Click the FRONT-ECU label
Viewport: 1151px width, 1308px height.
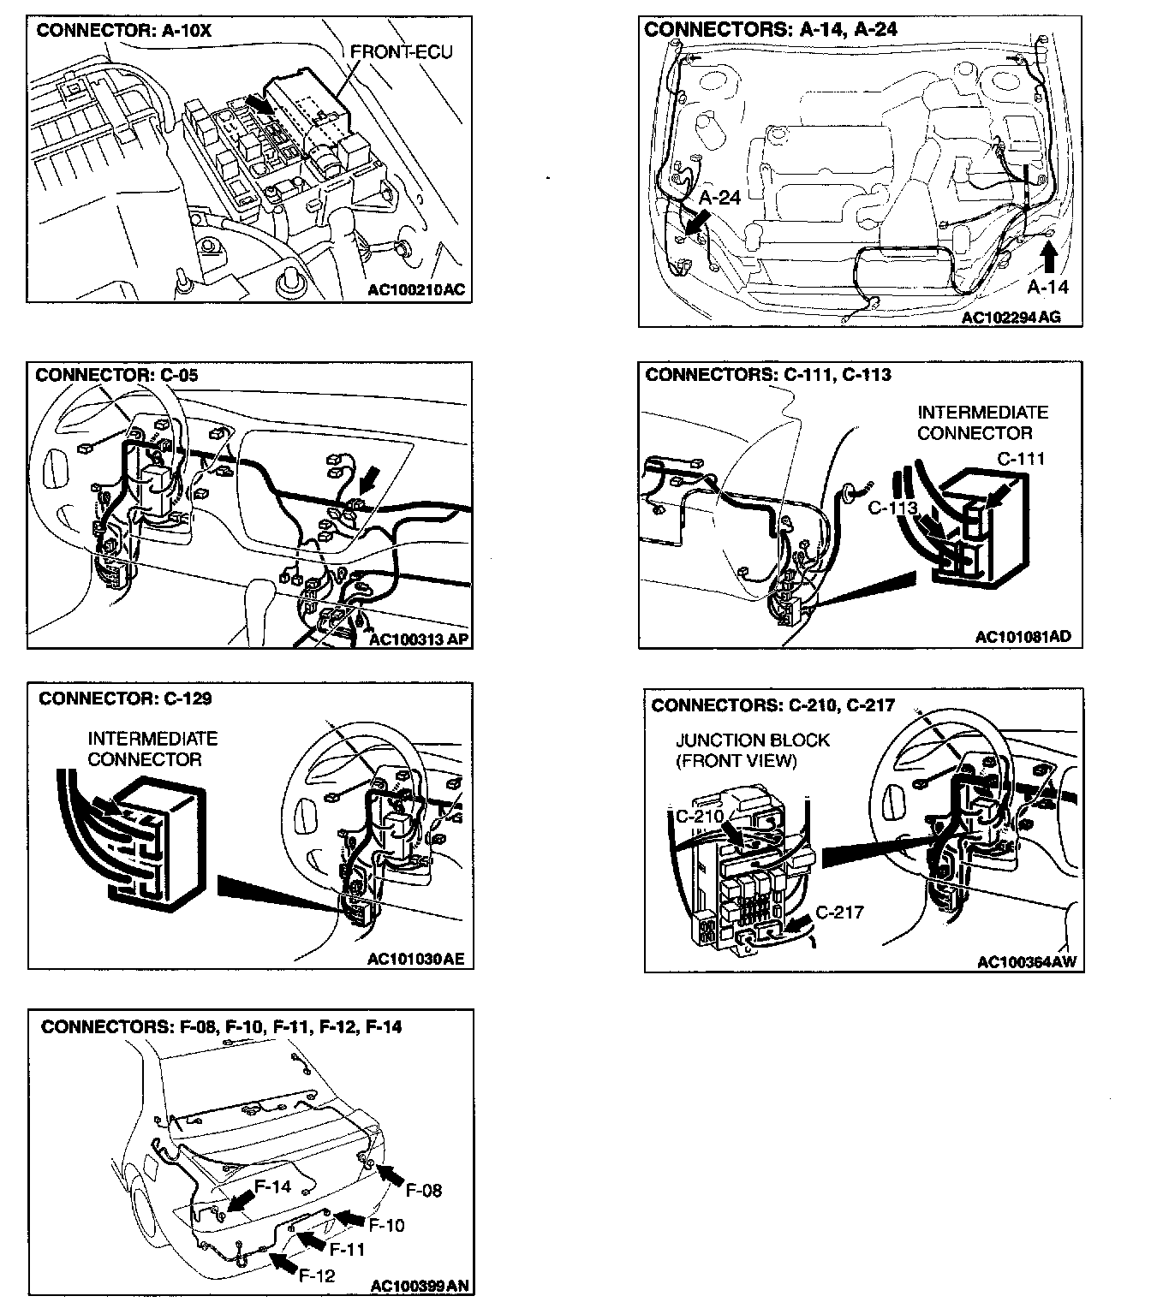pos(401,53)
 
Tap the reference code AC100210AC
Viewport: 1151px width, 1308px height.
pos(416,289)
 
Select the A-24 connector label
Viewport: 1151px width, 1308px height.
pos(719,198)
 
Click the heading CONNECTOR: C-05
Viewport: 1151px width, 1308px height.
pos(117,375)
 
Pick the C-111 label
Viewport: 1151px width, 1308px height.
pos(1021,459)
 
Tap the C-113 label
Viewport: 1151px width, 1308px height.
pos(892,508)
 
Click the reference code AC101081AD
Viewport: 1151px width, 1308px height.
pos(1023,637)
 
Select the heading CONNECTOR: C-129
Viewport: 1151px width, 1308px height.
pos(125,699)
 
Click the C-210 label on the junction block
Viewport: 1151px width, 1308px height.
pos(700,816)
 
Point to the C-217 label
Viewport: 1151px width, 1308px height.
pos(839,913)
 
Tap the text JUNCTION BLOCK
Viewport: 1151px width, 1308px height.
pos(753,740)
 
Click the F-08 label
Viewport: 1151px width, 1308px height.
pos(423,1191)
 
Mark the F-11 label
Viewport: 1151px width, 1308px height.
pos(347,1250)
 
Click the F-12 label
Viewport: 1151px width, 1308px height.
pos(317,1276)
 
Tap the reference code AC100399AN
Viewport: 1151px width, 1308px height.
pos(420,1286)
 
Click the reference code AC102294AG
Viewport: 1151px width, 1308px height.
pos(1011,318)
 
